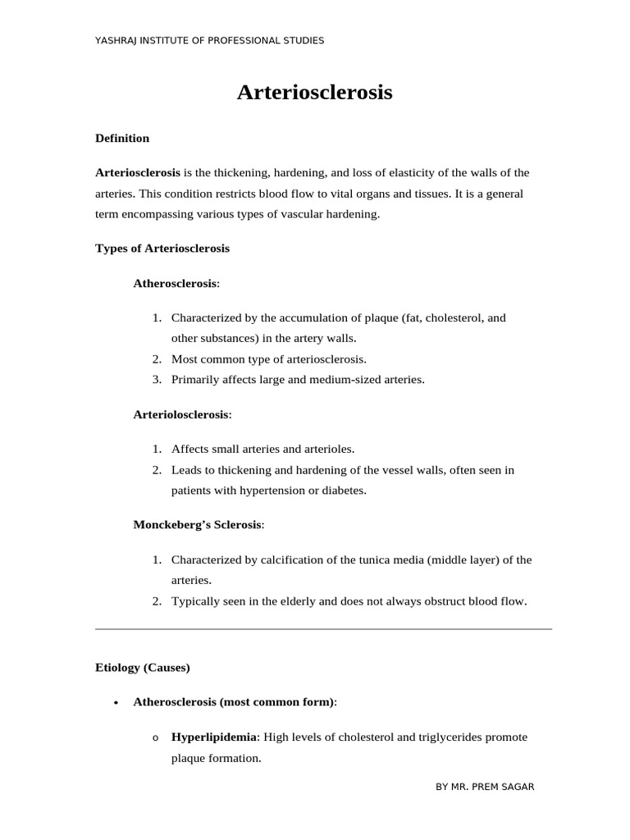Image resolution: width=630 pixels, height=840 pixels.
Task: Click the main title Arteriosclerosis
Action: (x=315, y=93)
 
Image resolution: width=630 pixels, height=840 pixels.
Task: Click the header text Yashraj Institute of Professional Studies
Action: (x=210, y=40)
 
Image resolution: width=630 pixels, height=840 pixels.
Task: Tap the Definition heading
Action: (x=122, y=138)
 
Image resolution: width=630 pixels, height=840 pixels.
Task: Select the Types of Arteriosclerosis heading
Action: (x=162, y=248)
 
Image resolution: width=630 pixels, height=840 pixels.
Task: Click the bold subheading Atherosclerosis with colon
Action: (x=176, y=283)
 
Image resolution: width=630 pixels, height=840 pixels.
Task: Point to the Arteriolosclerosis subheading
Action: (x=182, y=414)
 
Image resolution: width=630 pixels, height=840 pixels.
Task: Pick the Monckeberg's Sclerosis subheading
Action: (x=199, y=524)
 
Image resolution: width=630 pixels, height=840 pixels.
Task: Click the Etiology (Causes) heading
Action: (x=143, y=667)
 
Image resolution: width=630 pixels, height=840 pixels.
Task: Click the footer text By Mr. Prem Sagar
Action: (x=485, y=787)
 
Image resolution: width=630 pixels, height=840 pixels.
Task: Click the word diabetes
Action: (x=344, y=491)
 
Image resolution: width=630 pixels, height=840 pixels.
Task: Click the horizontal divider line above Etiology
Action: (x=323, y=629)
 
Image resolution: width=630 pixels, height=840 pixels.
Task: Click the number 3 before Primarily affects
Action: (x=156, y=380)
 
